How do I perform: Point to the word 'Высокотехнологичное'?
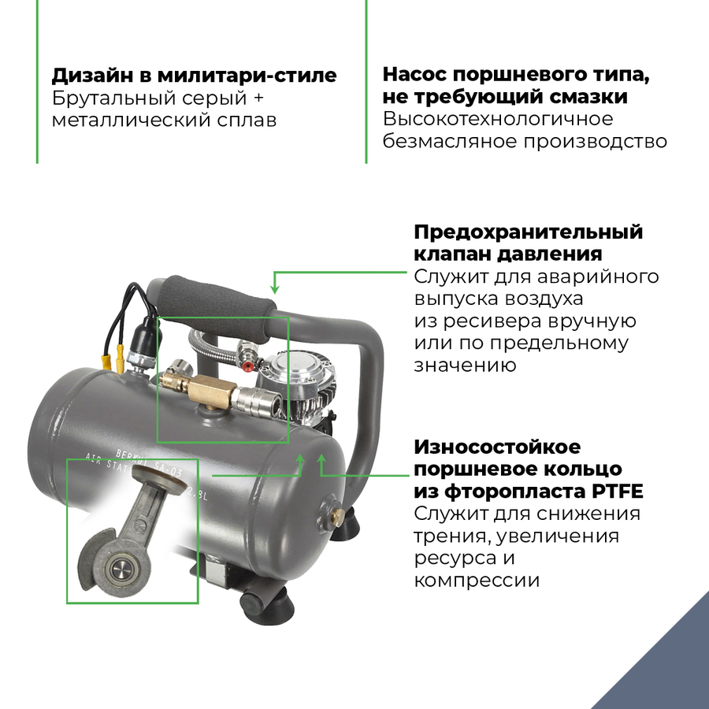pyautogui.click(x=497, y=120)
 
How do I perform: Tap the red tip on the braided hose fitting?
pyautogui.click(x=247, y=365)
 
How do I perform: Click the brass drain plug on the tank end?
pyautogui.click(x=336, y=514)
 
